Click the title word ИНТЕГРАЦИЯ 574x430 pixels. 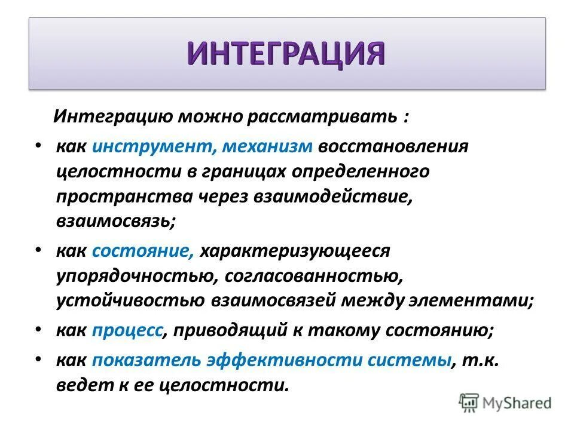click(x=287, y=54)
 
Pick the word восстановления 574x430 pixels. click(x=393, y=146)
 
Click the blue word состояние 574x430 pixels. click(x=143, y=251)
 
